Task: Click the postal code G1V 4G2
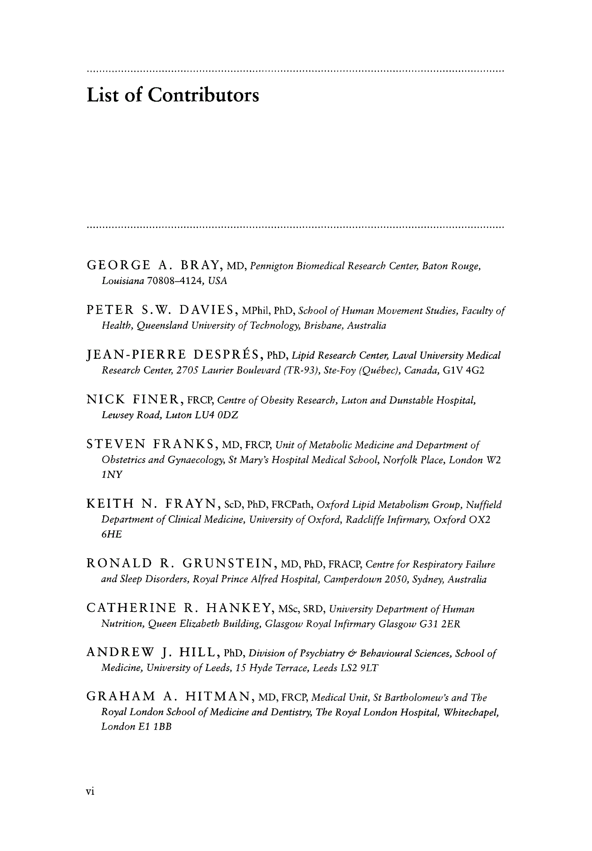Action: coord(464,371)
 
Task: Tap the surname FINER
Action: coord(157,400)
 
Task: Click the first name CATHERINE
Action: coord(131,608)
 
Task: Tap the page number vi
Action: coord(90,791)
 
